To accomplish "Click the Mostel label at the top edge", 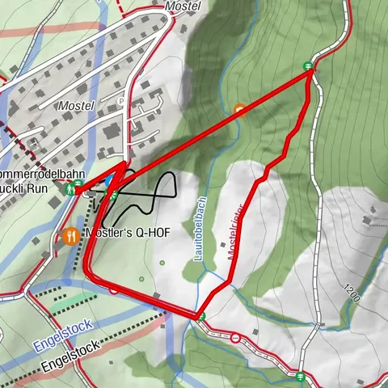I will pyautogui.click(x=182, y=6).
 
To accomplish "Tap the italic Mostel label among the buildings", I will pyautogui.click(x=76, y=106).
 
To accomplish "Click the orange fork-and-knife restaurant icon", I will pyautogui.click(x=70, y=237).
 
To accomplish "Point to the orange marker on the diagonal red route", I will pyautogui.click(x=239, y=109).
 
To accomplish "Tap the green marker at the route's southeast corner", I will pyautogui.click(x=201, y=316).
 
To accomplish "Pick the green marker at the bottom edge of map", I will pyautogui.click(x=301, y=376).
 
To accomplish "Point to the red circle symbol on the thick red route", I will pyautogui.click(x=114, y=289).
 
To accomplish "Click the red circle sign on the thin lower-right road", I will pyautogui.click(x=234, y=338).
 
